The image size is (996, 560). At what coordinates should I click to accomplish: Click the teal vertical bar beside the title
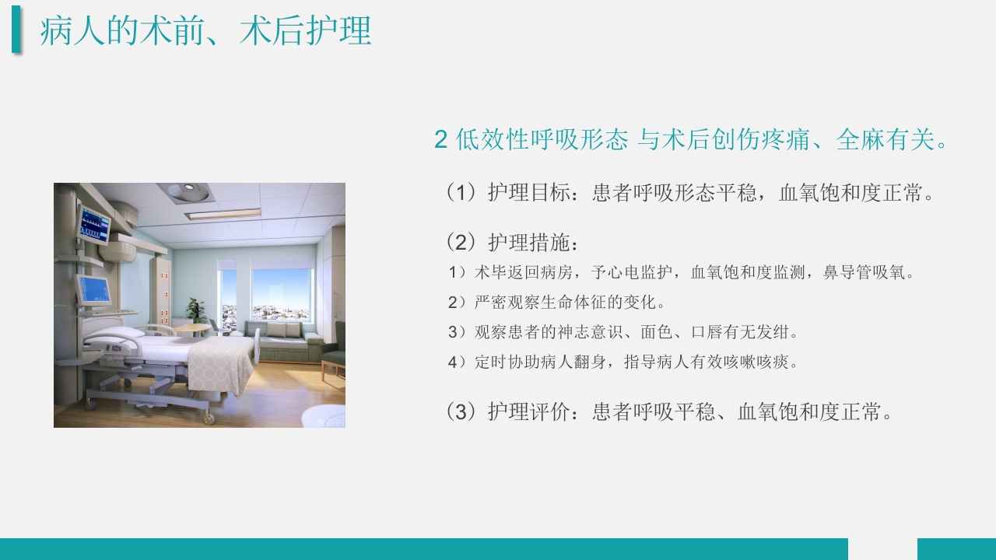(x=16, y=30)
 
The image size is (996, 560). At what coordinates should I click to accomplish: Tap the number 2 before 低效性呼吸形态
(x=440, y=140)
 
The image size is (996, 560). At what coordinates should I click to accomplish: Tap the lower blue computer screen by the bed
(x=94, y=289)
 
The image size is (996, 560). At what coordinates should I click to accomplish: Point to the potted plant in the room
(x=196, y=311)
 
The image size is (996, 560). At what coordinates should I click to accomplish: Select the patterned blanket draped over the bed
(x=219, y=366)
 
